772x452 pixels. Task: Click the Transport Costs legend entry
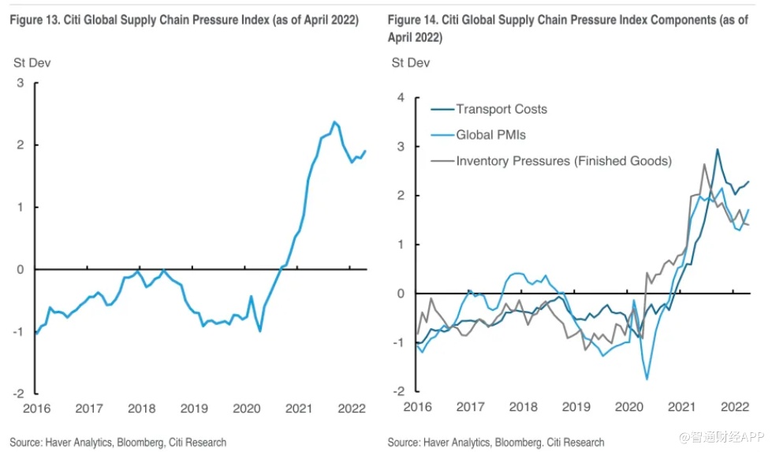(x=501, y=110)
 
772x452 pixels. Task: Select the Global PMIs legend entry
(x=490, y=135)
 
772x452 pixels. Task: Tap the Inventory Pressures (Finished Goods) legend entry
(x=563, y=161)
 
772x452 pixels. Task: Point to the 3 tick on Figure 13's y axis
(x=21, y=83)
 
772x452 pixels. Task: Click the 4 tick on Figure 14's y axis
(x=400, y=98)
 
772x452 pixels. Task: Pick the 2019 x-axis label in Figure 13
(x=194, y=408)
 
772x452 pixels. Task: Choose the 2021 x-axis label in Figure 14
(x=681, y=406)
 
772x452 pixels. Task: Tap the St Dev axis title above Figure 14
(x=410, y=62)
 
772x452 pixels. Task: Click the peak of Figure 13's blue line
(x=334, y=122)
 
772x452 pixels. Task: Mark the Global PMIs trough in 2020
(x=647, y=379)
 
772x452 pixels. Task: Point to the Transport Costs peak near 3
(x=718, y=149)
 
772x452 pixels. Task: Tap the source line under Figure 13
(x=118, y=442)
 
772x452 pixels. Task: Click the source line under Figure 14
(x=496, y=442)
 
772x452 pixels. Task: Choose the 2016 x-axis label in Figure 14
(x=417, y=406)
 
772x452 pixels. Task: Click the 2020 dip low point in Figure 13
(x=260, y=331)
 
